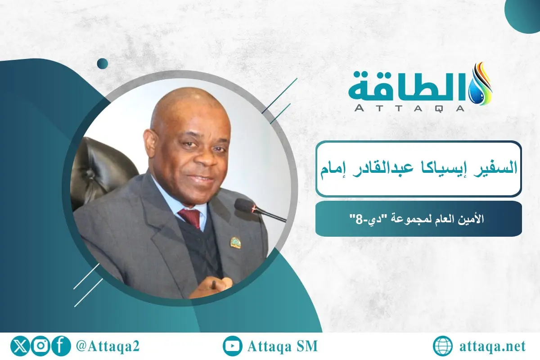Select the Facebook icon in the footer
tap(61, 346)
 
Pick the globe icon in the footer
tap(443, 346)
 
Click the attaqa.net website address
tap(493, 346)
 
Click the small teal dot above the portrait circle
tap(103, 63)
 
